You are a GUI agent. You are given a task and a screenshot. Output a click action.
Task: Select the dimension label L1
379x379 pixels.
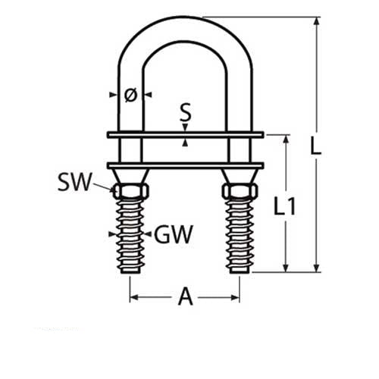click(283, 206)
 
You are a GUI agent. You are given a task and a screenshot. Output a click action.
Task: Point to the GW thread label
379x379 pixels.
click(173, 234)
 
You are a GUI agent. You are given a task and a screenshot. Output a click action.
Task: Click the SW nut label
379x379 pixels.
click(75, 182)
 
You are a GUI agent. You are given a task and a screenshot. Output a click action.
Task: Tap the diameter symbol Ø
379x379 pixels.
click(130, 95)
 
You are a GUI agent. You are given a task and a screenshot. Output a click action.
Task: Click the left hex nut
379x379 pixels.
click(130, 189)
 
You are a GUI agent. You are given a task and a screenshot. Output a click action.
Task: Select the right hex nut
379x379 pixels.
click(240, 189)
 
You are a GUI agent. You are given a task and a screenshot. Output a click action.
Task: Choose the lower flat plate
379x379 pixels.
click(185, 165)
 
